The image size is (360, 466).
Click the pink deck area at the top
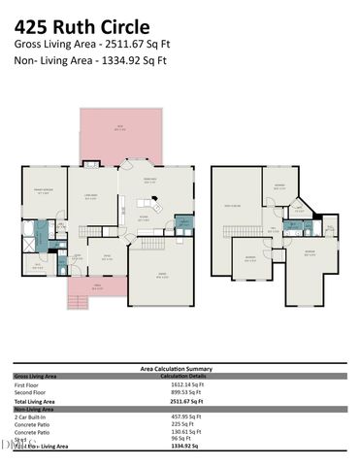pos(121,131)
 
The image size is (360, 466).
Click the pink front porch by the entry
pos(95,286)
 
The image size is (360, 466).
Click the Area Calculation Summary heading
pos(180,369)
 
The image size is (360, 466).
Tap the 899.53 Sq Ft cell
pos(180,392)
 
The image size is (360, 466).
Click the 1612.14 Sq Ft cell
pos(180,384)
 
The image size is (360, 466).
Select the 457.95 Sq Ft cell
pos(179,416)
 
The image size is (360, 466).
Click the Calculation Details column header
pos(180,376)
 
